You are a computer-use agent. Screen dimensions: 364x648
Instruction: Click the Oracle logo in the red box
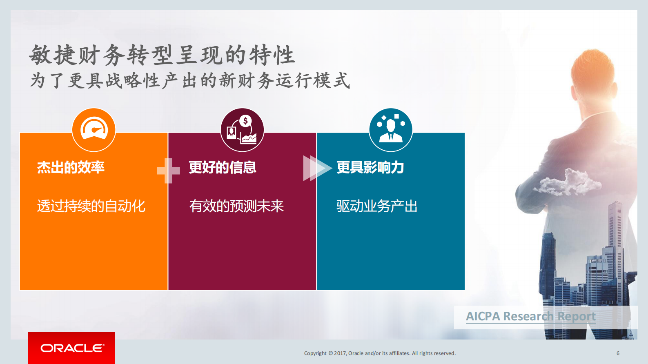[72, 348]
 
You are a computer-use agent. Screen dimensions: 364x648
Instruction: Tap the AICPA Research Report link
[530, 317]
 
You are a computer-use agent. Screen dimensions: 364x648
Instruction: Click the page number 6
[618, 353]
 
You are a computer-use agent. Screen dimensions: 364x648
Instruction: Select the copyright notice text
[380, 353]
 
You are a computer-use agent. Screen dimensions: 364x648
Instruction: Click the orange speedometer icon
[94, 130]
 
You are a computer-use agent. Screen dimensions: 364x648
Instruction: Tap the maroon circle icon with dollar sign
[242, 130]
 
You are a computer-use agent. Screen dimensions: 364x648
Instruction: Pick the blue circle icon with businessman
[391, 130]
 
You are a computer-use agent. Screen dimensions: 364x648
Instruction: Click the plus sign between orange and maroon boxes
[168, 170]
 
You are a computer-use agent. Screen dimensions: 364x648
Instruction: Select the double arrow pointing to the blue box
[316, 168]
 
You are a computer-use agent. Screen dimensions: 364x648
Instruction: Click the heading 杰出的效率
[71, 167]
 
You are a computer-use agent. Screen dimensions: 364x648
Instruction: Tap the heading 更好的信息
[223, 167]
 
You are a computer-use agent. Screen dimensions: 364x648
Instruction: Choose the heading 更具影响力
[370, 167]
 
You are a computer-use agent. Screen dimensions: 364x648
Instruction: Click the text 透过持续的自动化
[91, 206]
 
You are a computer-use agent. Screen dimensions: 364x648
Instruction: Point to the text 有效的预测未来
[236, 206]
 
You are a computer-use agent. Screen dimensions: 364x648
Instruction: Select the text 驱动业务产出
[377, 206]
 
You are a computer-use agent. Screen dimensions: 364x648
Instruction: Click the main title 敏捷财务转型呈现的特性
[162, 55]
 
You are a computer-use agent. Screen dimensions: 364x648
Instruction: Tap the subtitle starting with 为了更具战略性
[190, 80]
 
